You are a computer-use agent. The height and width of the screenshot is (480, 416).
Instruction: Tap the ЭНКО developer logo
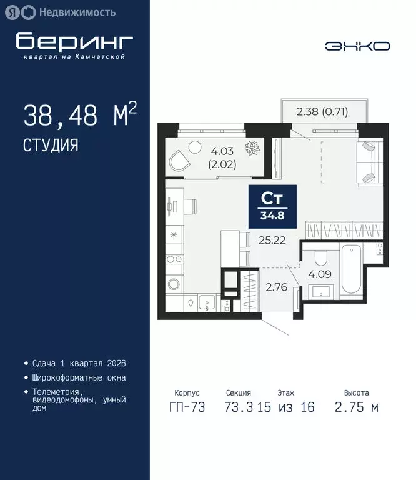[357, 46]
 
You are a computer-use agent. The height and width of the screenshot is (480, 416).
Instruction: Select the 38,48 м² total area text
[79, 116]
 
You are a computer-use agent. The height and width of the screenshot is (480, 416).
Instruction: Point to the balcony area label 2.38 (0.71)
[322, 112]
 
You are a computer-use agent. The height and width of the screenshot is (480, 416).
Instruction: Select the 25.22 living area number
[272, 240]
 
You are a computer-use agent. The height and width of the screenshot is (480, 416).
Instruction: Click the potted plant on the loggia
[252, 148]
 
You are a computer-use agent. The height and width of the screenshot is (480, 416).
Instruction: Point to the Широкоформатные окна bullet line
[79, 377]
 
